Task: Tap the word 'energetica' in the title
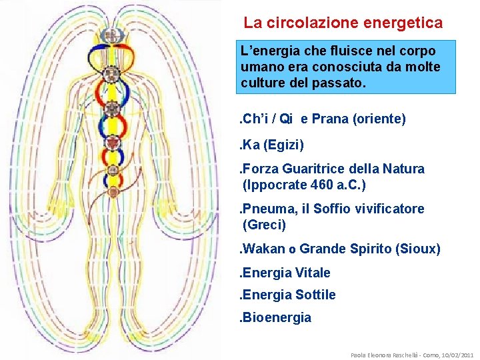(x=403, y=23)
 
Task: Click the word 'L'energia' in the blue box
(x=269, y=51)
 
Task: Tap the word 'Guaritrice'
(x=313, y=169)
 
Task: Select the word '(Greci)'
(x=265, y=225)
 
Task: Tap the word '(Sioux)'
(x=417, y=249)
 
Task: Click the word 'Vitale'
(x=310, y=273)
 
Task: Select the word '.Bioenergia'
(x=275, y=317)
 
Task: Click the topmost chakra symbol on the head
(x=113, y=35)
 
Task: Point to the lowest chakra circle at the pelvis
(x=113, y=192)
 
